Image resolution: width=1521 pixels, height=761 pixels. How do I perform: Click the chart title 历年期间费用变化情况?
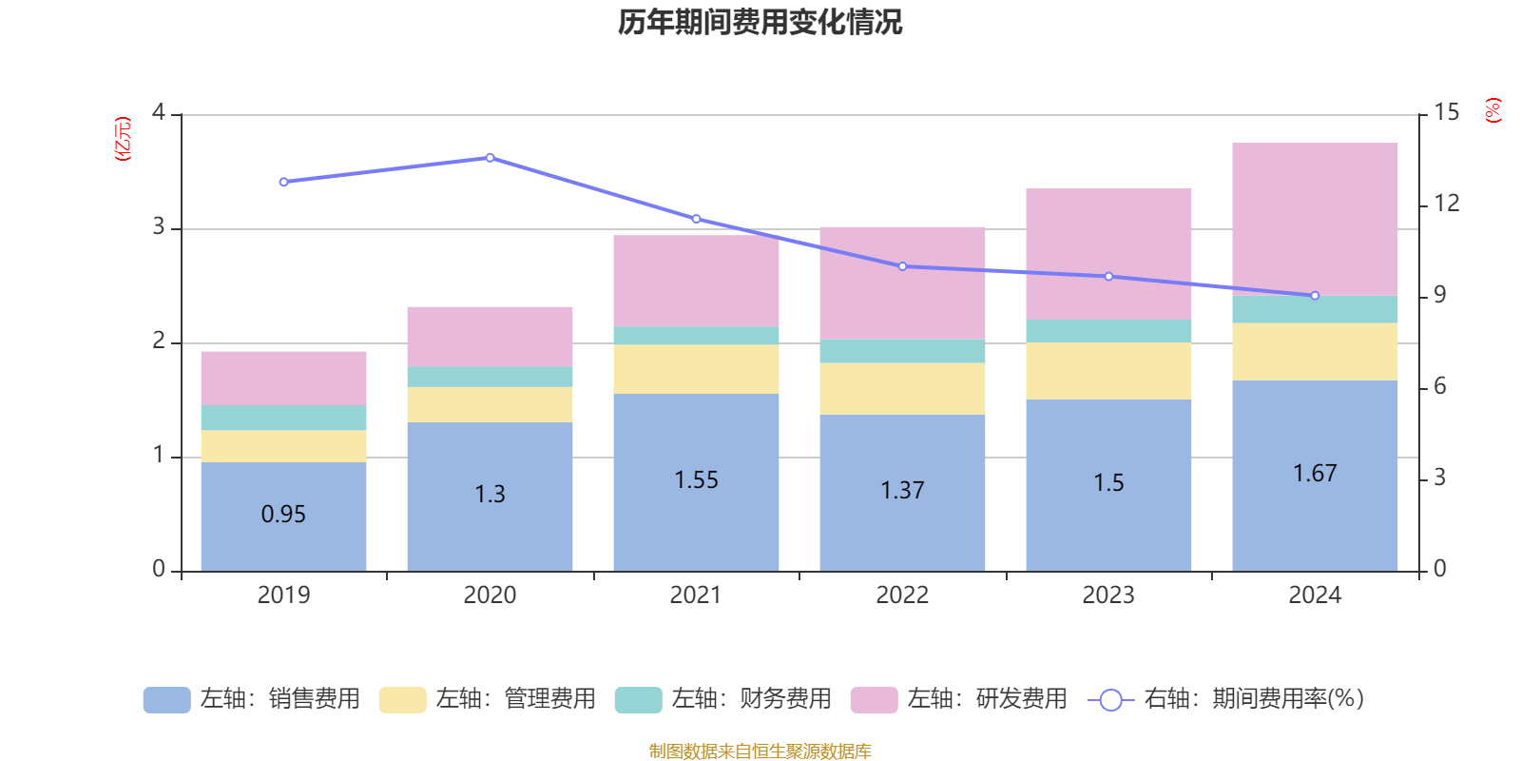click(x=760, y=22)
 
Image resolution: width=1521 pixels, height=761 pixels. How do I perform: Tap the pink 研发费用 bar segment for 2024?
click(x=1315, y=219)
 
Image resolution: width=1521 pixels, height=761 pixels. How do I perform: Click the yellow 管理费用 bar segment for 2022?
click(x=902, y=388)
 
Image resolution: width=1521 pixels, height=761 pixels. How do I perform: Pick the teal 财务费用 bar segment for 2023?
click(x=1108, y=330)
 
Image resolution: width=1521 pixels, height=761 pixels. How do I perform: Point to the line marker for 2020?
click(x=490, y=157)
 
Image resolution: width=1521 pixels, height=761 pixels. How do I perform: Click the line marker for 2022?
click(x=902, y=266)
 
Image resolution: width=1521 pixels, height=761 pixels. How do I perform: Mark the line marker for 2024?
click(x=1315, y=296)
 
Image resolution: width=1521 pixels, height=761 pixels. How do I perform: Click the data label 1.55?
click(x=696, y=480)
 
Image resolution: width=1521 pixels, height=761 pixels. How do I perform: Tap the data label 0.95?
click(x=283, y=515)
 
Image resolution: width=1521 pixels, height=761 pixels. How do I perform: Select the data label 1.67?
click(x=1315, y=474)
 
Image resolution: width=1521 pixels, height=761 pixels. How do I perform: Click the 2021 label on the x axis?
click(x=696, y=595)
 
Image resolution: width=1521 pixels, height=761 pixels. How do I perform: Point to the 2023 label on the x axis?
click(x=1108, y=595)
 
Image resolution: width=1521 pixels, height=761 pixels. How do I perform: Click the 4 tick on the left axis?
click(x=159, y=113)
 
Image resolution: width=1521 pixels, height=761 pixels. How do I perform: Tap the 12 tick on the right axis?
click(x=1447, y=204)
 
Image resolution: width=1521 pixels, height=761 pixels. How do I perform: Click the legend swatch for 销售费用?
click(x=166, y=699)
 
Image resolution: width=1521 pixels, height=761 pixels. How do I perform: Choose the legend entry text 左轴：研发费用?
click(x=987, y=699)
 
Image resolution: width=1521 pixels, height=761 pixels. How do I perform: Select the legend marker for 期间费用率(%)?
click(x=1109, y=700)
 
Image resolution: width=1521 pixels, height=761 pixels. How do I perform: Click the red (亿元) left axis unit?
click(x=123, y=139)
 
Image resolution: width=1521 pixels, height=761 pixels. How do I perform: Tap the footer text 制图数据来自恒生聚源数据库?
click(x=760, y=751)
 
